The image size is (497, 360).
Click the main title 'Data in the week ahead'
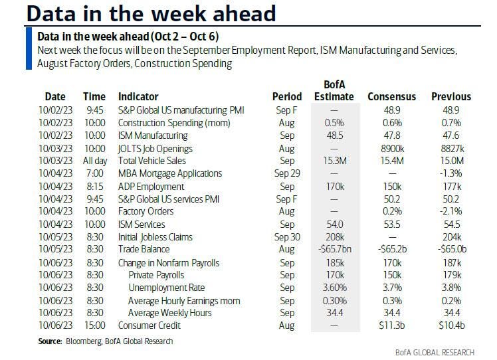pos(142,13)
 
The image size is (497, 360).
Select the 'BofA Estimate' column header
pos(336,90)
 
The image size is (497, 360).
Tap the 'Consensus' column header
pos(392,96)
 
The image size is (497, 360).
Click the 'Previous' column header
pos(450,96)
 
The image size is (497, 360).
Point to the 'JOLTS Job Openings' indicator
pos(155,148)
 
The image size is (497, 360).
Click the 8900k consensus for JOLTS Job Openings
pos(392,148)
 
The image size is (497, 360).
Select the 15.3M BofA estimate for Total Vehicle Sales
pos(336,161)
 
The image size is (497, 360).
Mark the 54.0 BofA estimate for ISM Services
pos(336,224)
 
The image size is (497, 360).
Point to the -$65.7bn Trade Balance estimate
pos(336,250)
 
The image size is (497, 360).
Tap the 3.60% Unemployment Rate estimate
pos(336,288)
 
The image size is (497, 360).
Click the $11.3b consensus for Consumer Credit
pos(392,325)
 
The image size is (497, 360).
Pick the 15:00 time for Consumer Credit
pos(94,325)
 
